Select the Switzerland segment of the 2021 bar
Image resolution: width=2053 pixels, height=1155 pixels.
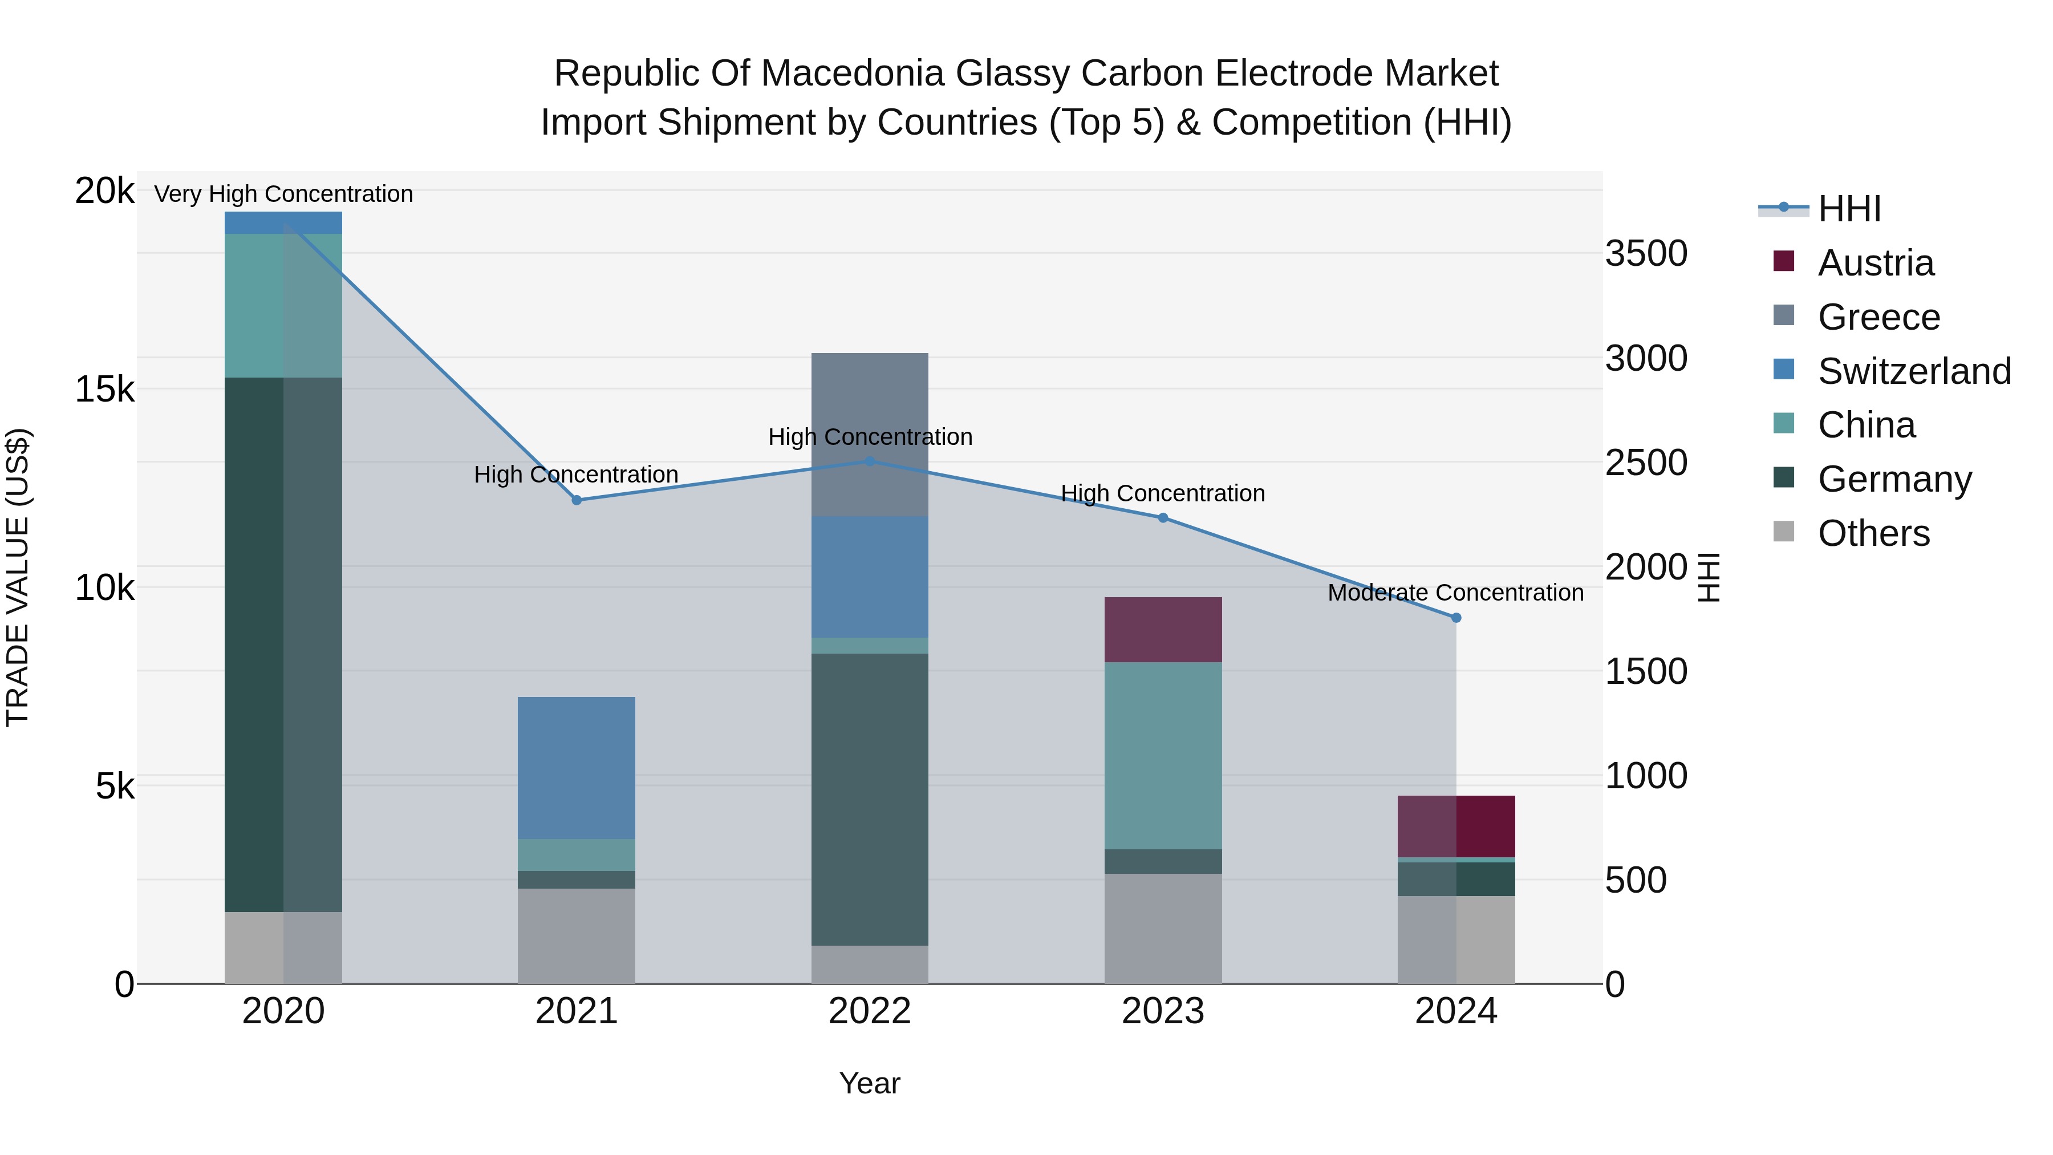pos(576,768)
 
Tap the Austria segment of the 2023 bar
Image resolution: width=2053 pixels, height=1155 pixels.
pos(1163,629)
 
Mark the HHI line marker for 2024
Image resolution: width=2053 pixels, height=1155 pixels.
pos(1456,618)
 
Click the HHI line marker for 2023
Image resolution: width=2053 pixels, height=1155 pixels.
pos(1163,518)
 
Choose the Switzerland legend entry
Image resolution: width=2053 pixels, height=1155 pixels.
pos(1913,371)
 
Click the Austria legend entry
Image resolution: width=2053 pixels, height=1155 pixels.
pos(1875,263)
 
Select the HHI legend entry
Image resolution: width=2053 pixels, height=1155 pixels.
pos(1849,209)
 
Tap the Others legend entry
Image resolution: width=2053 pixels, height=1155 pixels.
pos(1873,533)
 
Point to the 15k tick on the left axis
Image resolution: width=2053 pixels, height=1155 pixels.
pos(104,390)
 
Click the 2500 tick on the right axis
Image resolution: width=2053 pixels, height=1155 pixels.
pos(1646,463)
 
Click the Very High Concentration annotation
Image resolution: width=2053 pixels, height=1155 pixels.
pos(284,194)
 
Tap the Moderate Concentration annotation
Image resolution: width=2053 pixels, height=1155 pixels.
pos(1455,593)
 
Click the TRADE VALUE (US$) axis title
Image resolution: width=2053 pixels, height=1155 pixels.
pos(18,577)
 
